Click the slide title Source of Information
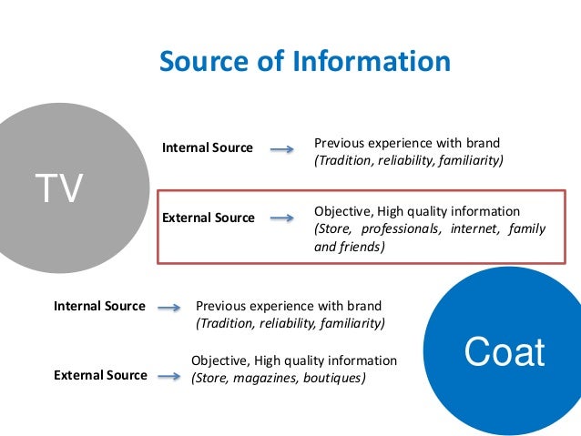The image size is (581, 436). pos(304,62)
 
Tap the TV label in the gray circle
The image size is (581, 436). pos(59,189)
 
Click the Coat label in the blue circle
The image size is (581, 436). pos(505,352)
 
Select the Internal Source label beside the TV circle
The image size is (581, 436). pos(207,147)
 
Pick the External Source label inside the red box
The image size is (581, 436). pos(208,218)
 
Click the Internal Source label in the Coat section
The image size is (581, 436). pos(99,306)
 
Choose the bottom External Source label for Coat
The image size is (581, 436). pos(100,375)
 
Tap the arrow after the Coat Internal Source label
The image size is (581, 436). pos(168,308)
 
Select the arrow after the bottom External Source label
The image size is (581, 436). pos(168,375)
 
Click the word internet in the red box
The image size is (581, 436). pos(470,228)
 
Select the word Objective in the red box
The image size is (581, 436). pos(342,211)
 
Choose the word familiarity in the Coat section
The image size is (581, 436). pos(351,324)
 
